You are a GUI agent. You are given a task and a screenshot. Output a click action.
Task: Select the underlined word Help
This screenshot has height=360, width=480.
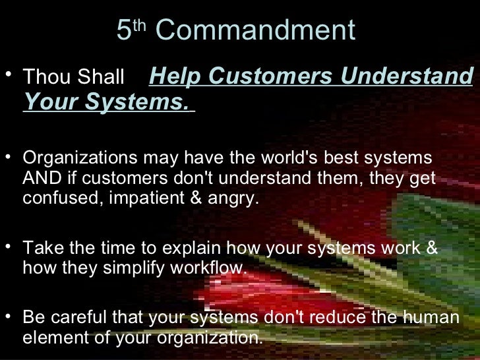175,76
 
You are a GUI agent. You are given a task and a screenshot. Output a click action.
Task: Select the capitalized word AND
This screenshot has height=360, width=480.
39,179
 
